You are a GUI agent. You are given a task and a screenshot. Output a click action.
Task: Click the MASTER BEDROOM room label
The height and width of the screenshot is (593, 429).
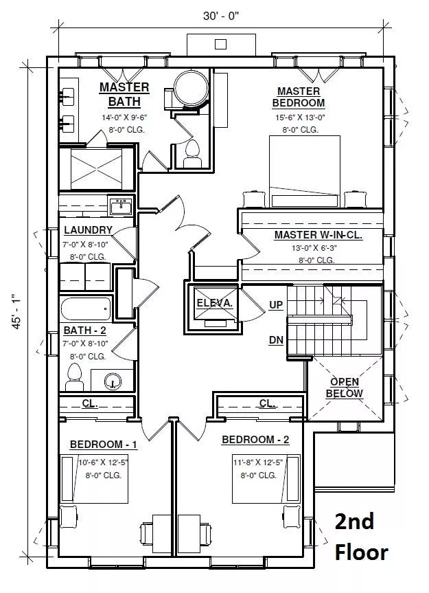coord(299,97)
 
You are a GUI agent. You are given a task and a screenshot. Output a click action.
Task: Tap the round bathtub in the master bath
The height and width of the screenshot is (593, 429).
coord(191,87)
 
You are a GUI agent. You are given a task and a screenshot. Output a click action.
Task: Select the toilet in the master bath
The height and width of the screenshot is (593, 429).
coord(192,154)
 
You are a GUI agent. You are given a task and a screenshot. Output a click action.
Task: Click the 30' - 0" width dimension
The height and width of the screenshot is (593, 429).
coord(221,16)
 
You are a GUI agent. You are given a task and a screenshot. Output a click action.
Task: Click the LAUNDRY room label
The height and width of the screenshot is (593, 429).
coord(89,230)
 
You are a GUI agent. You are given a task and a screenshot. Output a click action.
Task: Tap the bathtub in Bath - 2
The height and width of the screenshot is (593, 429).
coord(86,309)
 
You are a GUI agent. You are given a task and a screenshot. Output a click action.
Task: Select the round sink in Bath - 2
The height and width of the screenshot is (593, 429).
coord(112,380)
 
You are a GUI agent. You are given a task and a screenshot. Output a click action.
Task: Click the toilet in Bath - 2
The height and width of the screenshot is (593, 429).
coord(74,377)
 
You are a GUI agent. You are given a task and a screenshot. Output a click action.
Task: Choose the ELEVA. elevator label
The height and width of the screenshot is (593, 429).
coord(214,303)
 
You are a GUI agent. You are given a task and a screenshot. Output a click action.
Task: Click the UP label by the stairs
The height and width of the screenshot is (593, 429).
coord(276,305)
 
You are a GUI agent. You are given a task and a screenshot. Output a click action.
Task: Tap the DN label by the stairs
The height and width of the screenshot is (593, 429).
coord(276,340)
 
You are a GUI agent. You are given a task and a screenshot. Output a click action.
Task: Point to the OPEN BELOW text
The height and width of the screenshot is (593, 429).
coord(344,388)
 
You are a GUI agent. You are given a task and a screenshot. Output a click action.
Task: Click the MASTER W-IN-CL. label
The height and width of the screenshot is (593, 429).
coord(318,235)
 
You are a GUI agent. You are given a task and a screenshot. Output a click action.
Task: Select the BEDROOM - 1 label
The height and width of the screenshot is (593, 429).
coord(104,445)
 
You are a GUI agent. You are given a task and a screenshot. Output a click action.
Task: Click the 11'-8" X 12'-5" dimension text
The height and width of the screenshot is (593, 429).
coord(258,462)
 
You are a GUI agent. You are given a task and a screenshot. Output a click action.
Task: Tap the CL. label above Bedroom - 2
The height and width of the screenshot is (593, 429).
coord(268,403)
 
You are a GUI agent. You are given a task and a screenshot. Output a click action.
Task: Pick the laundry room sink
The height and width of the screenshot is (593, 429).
coord(121,207)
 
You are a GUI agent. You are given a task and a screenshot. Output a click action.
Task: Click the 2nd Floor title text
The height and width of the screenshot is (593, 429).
coord(360,537)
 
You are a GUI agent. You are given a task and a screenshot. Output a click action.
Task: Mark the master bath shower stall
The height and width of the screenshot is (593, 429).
coord(96,168)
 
